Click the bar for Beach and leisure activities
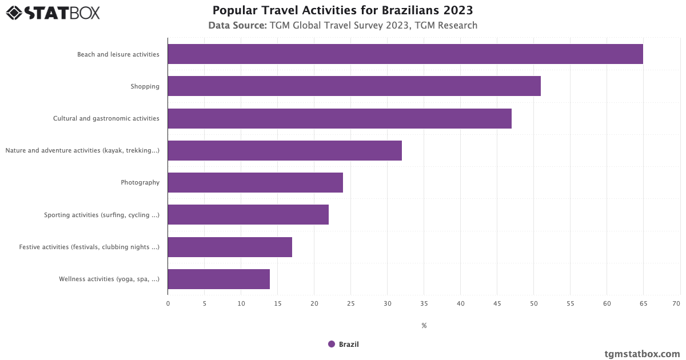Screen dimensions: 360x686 pyautogui.click(x=405, y=54)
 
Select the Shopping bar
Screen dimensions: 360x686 pyautogui.click(x=354, y=86)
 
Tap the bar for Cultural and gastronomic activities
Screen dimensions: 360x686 pyautogui.click(x=339, y=118)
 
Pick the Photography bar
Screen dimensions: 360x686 pyautogui.click(x=255, y=182)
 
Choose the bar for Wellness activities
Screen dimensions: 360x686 pyautogui.click(x=218, y=279)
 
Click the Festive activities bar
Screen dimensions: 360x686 pyautogui.click(x=229, y=247)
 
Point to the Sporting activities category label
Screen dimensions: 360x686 pyautogui.click(x=101, y=215)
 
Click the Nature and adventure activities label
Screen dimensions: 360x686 pyautogui.click(x=82, y=151)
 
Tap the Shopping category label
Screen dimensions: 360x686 pyautogui.click(x=145, y=86)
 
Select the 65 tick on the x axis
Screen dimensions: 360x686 pyautogui.click(x=643, y=303)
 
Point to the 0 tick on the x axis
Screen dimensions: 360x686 pyautogui.click(x=168, y=303)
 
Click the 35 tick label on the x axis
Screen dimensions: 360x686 pyautogui.click(x=424, y=303)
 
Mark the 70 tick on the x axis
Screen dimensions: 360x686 pyautogui.click(x=676, y=303)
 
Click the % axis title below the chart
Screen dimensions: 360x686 pyautogui.click(x=424, y=326)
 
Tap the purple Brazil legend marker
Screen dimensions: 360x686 pyautogui.click(x=332, y=344)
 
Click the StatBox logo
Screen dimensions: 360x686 pyautogui.click(x=53, y=13)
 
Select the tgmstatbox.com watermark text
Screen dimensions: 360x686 pyautogui.click(x=642, y=354)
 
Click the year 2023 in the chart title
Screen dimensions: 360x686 pyautogui.click(x=456, y=10)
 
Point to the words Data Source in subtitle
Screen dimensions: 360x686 pyautogui.click(x=237, y=25)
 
